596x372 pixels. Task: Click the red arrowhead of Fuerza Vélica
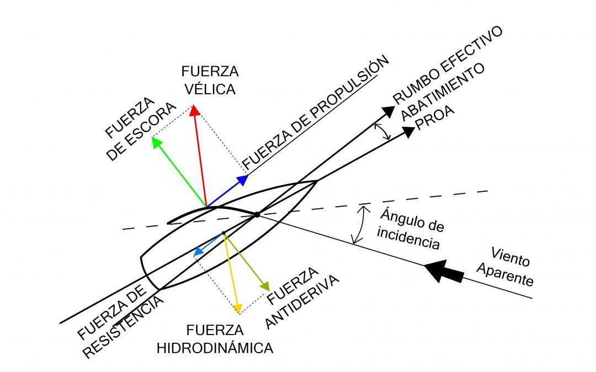[194, 111]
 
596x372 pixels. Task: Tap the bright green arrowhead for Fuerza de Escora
[157, 142]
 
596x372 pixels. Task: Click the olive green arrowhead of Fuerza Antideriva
[265, 286]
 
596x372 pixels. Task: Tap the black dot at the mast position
[257, 214]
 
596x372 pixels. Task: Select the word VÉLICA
[209, 89]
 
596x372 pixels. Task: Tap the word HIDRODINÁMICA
[215, 348]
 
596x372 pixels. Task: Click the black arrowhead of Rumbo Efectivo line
[389, 111]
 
